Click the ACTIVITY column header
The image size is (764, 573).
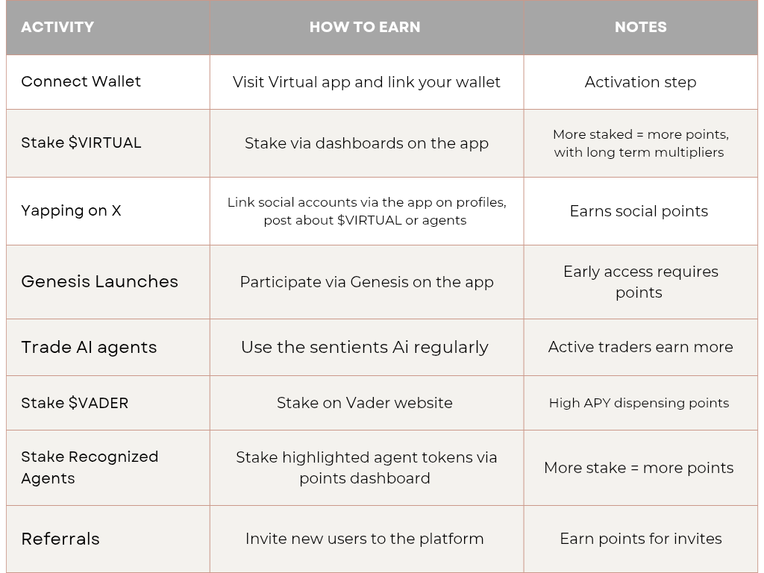pyautogui.click(x=57, y=27)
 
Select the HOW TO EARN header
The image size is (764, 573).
pyautogui.click(x=365, y=27)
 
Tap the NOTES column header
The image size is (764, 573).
pyautogui.click(x=641, y=27)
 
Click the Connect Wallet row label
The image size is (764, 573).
pyautogui.click(x=81, y=81)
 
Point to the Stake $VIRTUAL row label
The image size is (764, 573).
pyautogui.click(x=81, y=143)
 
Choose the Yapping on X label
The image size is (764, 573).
pyautogui.click(x=71, y=211)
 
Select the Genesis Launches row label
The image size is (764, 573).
pyautogui.click(x=99, y=281)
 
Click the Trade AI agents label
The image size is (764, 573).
pyautogui.click(x=89, y=348)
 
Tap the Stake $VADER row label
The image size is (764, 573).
pyautogui.click(x=75, y=403)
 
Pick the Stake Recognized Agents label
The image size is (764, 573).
pyautogui.click(x=90, y=467)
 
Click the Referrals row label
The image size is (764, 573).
pyautogui.click(x=60, y=539)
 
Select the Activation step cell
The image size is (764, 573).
pyautogui.click(x=641, y=82)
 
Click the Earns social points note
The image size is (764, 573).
pyautogui.click(x=639, y=211)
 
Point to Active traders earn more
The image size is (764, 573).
pyautogui.click(x=641, y=347)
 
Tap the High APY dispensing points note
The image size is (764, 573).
pyautogui.click(x=639, y=403)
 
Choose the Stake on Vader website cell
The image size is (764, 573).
pyautogui.click(x=364, y=403)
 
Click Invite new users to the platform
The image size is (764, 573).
pyautogui.click(x=364, y=539)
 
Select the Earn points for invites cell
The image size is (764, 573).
pyautogui.click(x=641, y=539)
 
